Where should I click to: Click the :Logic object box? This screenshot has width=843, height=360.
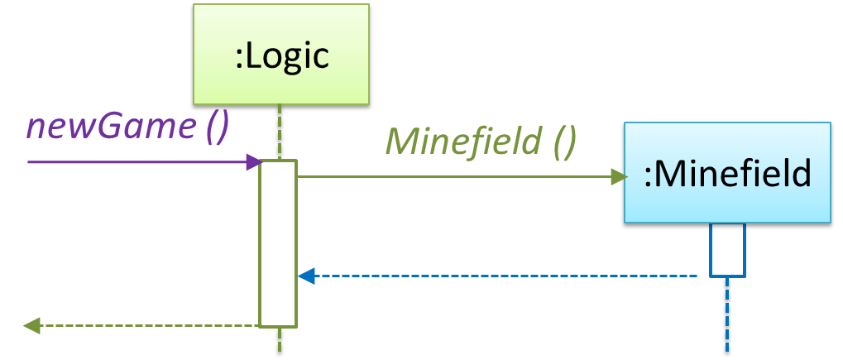tap(280, 55)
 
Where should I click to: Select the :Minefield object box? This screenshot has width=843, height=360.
tap(726, 174)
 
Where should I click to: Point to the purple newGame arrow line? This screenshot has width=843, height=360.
tap(132, 162)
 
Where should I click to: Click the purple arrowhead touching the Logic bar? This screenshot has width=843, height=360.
tap(254, 162)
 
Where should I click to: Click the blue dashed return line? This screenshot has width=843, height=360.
tap(496, 276)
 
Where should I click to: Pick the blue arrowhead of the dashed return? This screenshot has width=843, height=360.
tap(306, 276)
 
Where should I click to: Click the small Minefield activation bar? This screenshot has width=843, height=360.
tap(727, 250)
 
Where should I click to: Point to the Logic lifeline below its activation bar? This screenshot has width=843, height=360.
tap(279, 342)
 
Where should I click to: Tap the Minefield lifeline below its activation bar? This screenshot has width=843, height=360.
tap(727, 319)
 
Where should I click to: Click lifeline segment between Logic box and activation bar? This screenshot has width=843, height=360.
tap(279, 132)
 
